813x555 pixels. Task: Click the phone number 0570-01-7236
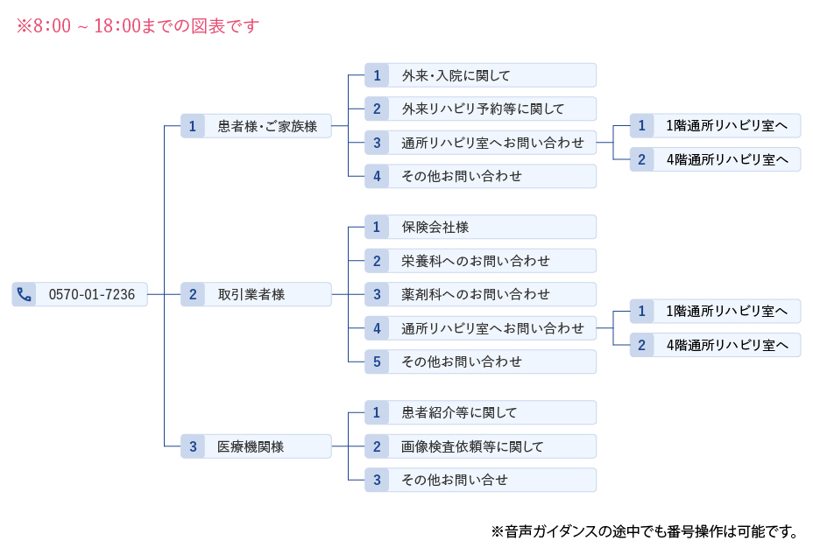(x=92, y=294)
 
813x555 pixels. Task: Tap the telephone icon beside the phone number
(x=25, y=294)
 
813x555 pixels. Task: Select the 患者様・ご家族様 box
(x=267, y=126)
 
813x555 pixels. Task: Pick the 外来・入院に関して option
(x=456, y=75)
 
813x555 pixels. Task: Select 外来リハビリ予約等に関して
(x=483, y=109)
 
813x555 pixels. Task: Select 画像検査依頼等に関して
(x=472, y=446)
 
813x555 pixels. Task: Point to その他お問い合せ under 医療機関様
(x=455, y=480)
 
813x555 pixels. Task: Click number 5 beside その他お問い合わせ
(x=377, y=362)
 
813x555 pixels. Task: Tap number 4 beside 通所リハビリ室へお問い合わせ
(x=377, y=328)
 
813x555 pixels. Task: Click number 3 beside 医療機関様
(x=193, y=446)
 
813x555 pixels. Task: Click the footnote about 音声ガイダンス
(x=644, y=530)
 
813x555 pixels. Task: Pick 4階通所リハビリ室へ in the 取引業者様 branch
(x=726, y=345)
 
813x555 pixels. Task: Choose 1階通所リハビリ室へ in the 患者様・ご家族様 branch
(x=726, y=126)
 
